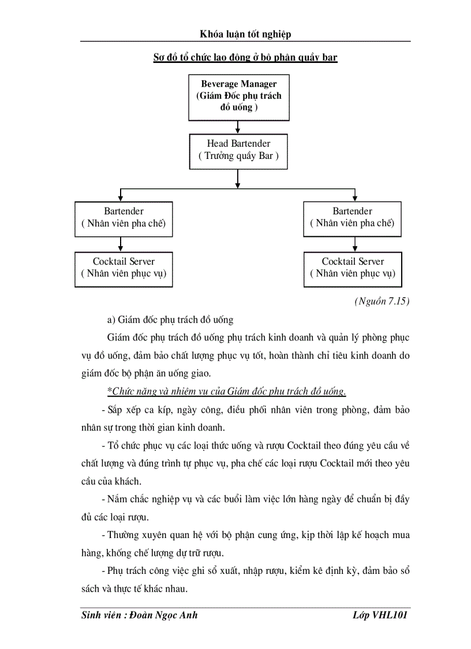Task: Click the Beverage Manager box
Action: point(238,96)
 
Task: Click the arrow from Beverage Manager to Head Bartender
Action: point(238,127)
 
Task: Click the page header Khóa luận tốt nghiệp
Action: point(245,34)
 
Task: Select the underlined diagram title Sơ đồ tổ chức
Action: point(245,57)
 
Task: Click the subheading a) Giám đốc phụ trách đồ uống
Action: point(170,320)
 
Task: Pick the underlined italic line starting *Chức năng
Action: point(227,392)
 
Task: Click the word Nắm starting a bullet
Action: point(118,499)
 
